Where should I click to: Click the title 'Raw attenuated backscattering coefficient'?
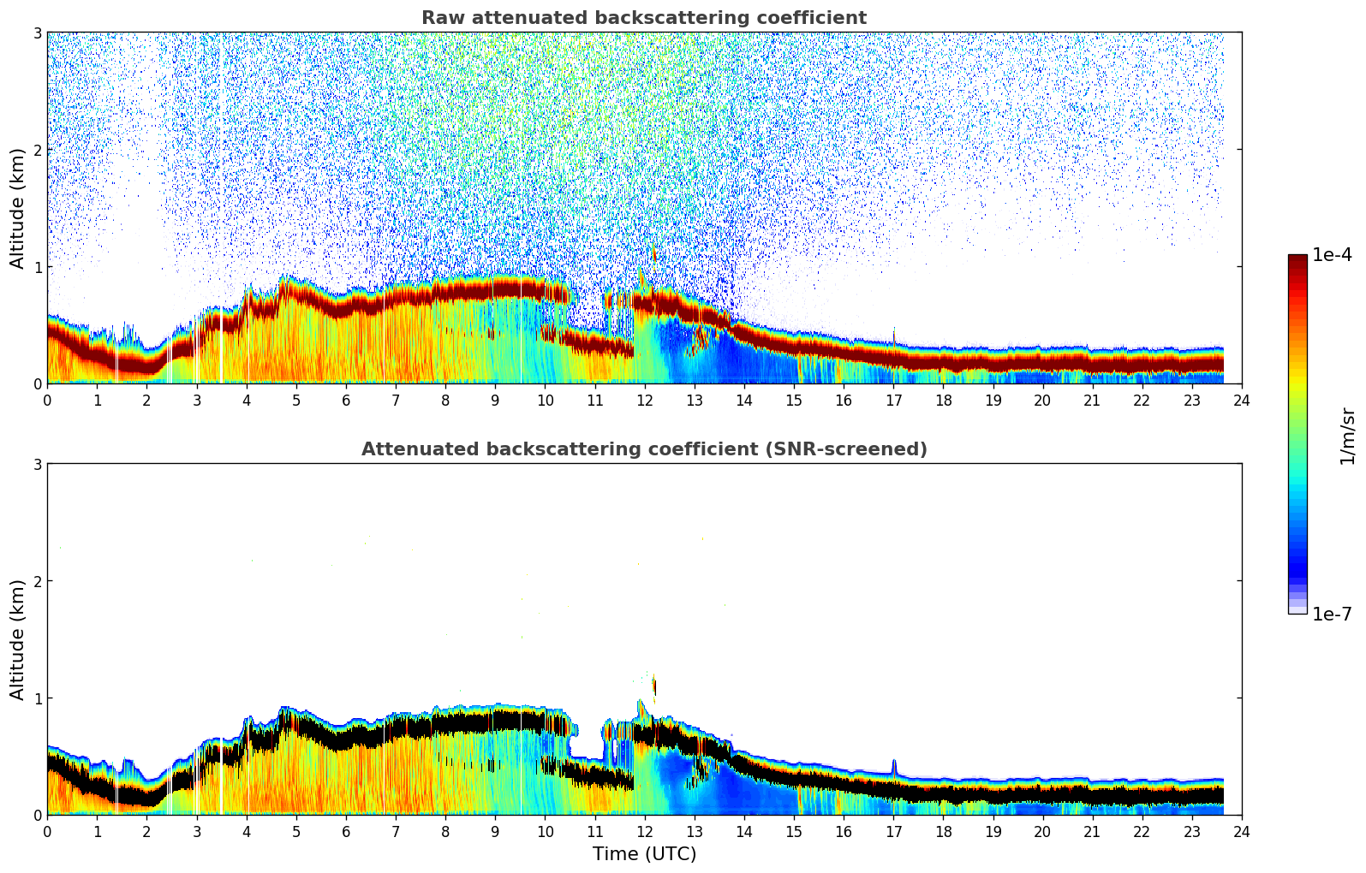point(643,18)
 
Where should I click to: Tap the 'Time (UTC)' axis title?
point(644,853)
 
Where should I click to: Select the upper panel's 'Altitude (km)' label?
point(18,208)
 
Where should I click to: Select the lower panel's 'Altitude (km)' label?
point(18,639)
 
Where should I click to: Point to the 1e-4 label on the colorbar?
point(1332,255)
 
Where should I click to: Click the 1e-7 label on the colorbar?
point(1332,614)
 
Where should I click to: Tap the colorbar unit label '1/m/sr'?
point(1347,435)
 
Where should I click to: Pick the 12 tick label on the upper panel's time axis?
point(644,400)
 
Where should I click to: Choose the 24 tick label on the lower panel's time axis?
point(1242,831)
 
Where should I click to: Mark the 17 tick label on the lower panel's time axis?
point(893,831)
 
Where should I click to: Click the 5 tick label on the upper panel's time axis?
point(296,400)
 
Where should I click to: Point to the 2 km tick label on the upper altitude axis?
point(37,150)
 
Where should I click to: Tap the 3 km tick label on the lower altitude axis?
point(37,464)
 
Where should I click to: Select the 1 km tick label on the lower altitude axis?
point(37,698)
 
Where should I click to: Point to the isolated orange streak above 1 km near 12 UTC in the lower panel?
point(654,686)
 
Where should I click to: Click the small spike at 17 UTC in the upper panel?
point(894,336)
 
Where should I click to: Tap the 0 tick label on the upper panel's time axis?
point(47,400)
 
